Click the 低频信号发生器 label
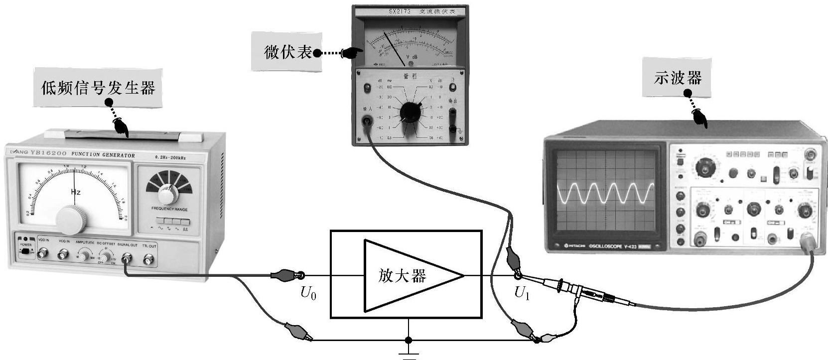pyautogui.click(x=98, y=88)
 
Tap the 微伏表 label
pyautogui.click(x=287, y=52)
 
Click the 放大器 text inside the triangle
pyautogui.click(x=402, y=275)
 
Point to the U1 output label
pyautogui.click(x=522, y=294)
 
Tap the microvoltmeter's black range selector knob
pyautogui.click(x=410, y=113)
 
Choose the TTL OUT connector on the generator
pyautogui.click(x=148, y=259)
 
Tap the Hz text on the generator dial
pyautogui.click(x=76, y=192)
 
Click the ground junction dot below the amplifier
pyautogui.click(x=409, y=341)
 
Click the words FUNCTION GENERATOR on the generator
pyautogui.click(x=103, y=155)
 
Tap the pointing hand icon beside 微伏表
pyautogui.click(x=352, y=52)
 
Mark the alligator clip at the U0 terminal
pyautogui.click(x=284, y=274)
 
